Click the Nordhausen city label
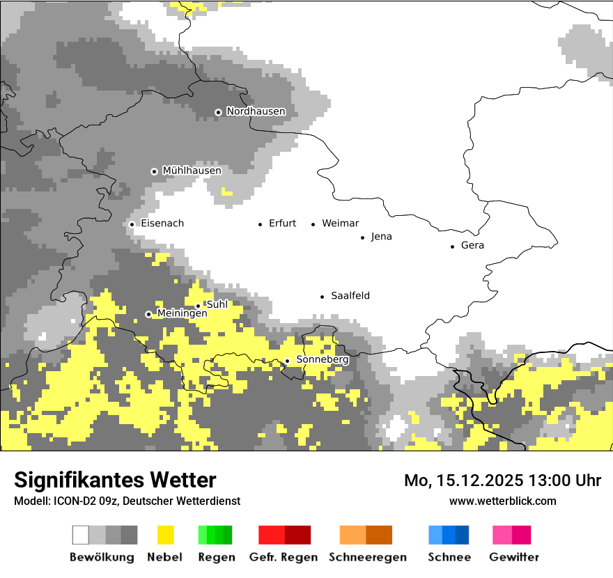pos(256,111)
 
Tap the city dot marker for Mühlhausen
pos(154,171)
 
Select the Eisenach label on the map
pos(162,224)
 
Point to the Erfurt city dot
pos(260,224)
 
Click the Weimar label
pos(340,224)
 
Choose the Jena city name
pos(381,237)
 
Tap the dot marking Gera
pos(452,246)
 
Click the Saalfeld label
pos(350,296)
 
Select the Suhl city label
pos(217,304)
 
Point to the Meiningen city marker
pos(148,314)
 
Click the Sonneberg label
pos(322,360)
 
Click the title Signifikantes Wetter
pos(115,480)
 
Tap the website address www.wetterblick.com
pos(502,501)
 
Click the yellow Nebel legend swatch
pos(165,535)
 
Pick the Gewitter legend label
pos(513,557)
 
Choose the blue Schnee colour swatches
pos(448,535)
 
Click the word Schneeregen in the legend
pos(367,557)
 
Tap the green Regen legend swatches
pos(215,535)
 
